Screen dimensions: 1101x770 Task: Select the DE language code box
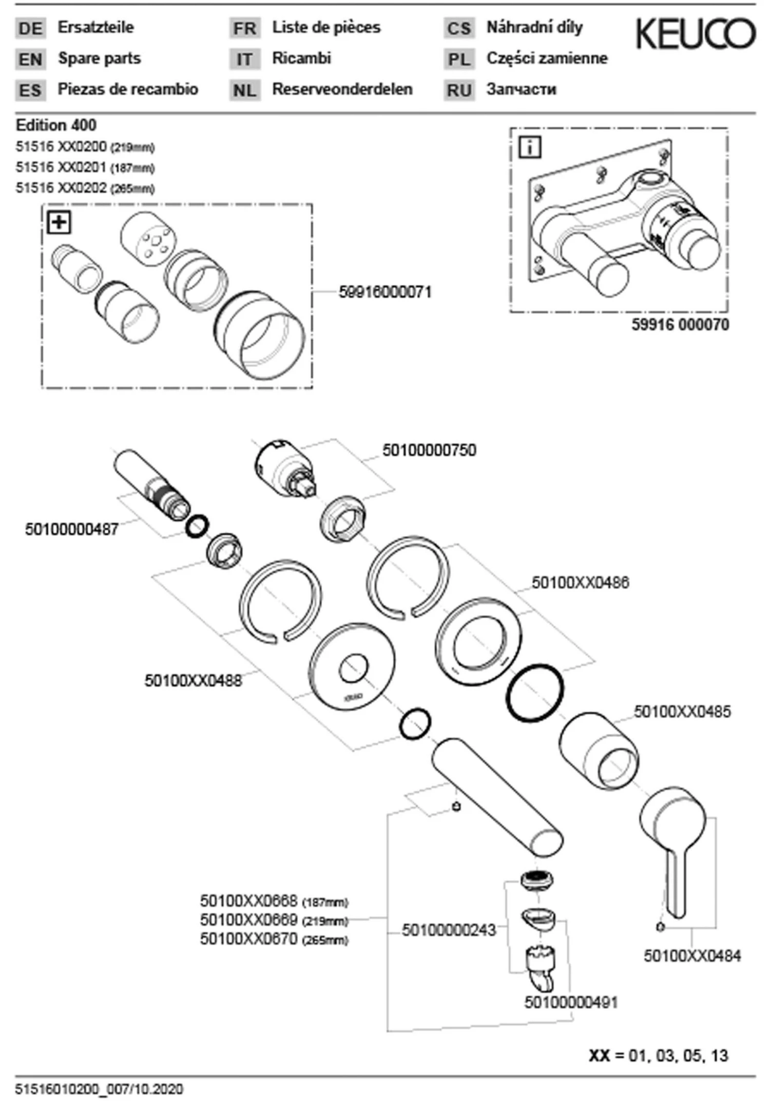pos(30,28)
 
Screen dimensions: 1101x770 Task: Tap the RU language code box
pos(459,90)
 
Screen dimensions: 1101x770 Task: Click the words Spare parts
pos(99,59)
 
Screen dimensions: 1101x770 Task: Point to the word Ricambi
pos(301,58)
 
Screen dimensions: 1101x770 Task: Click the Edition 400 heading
pos(56,125)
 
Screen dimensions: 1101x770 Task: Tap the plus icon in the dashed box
pos(59,222)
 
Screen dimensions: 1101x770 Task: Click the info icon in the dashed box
pos(530,147)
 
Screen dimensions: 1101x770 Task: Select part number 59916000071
pos(385,292)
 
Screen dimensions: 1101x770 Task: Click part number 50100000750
pos(429,450)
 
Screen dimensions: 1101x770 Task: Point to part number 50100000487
pos(72,529)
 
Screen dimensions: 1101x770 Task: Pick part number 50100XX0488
pos(193,681)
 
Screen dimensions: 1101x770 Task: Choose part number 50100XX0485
pos(682,712)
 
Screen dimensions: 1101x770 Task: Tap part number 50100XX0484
pos(692,956)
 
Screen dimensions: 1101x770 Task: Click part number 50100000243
pos(449,930)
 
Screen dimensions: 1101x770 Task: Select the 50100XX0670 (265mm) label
pos(274,939)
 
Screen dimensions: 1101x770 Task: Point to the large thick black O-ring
pos(535,692)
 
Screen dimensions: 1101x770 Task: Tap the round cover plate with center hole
pos(353,668)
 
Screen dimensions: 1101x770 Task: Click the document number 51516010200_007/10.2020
pos(99,1089)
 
